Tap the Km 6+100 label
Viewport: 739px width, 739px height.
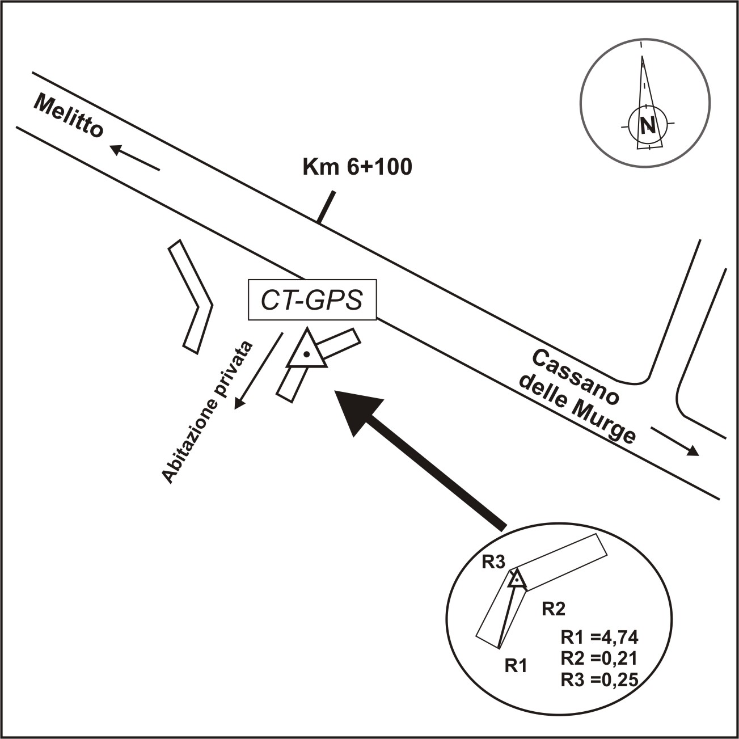358,167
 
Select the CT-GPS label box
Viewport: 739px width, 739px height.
312,300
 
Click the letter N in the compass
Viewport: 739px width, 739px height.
647,125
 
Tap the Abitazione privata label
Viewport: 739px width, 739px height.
208,413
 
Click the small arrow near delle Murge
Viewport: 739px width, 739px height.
675,441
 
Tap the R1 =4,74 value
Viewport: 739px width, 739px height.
599,637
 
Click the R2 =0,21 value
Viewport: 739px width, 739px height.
599,658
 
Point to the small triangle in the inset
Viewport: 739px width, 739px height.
516,580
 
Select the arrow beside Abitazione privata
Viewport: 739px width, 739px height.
259,370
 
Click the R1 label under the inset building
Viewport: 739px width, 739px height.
516,665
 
